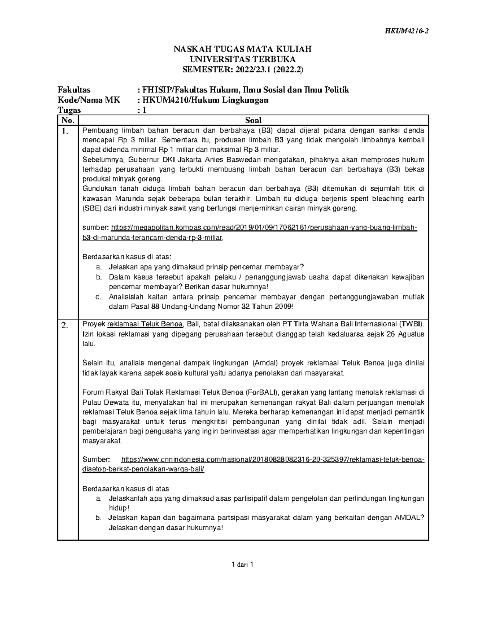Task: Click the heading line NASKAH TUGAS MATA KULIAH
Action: click(x=242, y=50)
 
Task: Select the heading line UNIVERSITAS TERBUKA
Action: click(x=242, y=60)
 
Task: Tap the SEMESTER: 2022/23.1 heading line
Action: click(x=242, y=70)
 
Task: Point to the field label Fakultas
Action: click(x=74, y=90)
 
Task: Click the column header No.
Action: click(x=68, y=120)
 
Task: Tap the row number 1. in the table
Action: click(x=66, y=131)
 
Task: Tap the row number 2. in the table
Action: click(x=66, y=325)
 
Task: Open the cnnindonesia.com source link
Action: click(x=272, y=459)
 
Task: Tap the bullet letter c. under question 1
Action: click(x=99, y=297)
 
